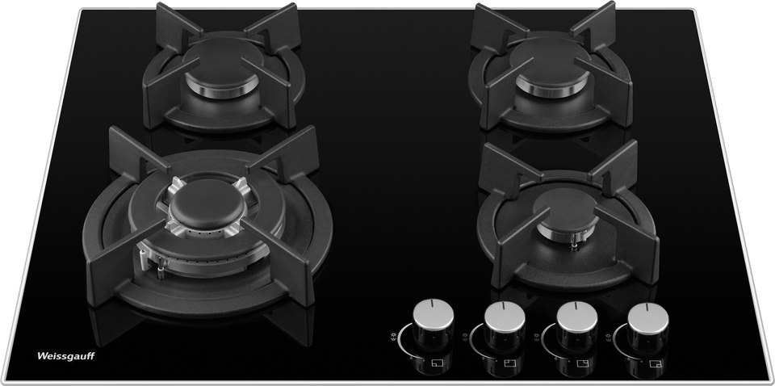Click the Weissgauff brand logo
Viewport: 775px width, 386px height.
click(65, 356)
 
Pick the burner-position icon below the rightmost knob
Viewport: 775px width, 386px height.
click(656, 363)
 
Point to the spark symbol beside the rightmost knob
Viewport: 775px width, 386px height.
click(610, 337)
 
